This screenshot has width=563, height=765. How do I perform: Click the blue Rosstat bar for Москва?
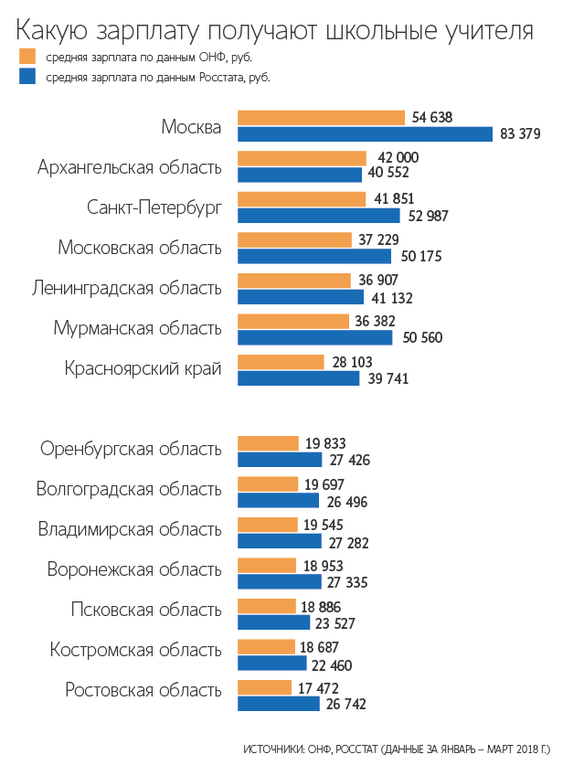[366, 133]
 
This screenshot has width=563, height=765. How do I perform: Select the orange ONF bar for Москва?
[321, 117]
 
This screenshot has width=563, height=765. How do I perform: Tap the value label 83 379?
[521, 133]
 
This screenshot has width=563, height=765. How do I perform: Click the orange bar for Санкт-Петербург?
[301, 199]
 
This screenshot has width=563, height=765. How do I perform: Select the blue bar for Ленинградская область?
[301, 296]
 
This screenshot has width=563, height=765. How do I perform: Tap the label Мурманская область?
[137, 328]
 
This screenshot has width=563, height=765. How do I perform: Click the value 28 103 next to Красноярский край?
[353, 362]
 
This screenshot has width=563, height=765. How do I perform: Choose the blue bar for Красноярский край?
[298, 377]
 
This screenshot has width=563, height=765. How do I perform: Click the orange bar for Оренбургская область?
[268, 443]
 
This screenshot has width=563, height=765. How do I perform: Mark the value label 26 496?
[346, 500]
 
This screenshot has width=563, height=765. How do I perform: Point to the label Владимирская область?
[130, 529]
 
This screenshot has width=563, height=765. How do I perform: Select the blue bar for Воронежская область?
[280, 581]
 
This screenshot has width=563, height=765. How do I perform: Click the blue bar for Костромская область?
[272, 664]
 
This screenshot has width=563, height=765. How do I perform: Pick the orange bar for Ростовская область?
[264, 687]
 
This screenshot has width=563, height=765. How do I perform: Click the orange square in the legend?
[27, 57]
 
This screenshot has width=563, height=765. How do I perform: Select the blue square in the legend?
[27, 77]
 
